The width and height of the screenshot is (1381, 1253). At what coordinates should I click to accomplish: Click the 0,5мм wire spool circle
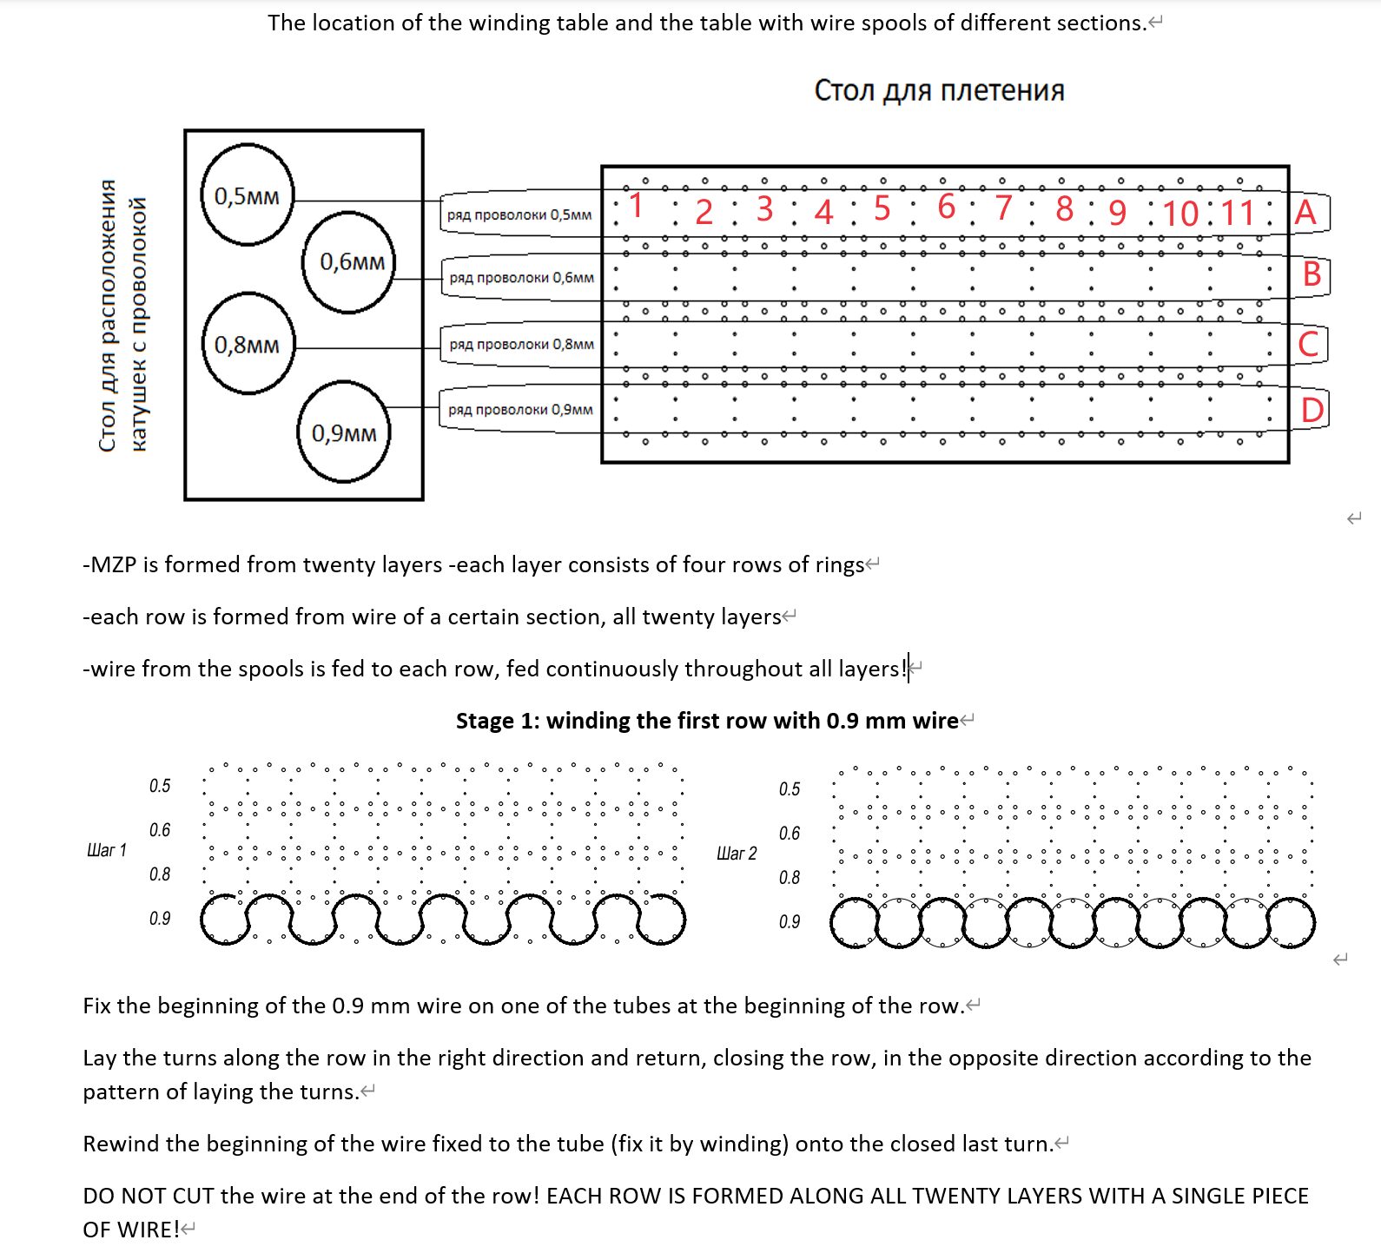[x=247, y=195]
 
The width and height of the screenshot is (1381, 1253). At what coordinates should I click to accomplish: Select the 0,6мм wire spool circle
[x=350, y=261]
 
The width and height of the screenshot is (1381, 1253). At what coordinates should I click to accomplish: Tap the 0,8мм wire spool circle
[x=248, y=345]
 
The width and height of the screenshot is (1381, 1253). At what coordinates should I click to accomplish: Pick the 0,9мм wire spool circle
[x=344, y=432]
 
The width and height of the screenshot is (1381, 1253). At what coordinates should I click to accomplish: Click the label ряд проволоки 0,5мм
[x=519, y=214]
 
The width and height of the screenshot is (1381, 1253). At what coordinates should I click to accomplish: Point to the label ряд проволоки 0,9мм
[x=520, y=409]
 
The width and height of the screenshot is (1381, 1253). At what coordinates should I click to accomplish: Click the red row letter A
[x=1305, y=213]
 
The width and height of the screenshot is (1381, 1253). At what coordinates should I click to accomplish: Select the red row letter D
[x=1312, y=410]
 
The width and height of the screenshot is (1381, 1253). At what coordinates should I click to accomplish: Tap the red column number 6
[x=946, y=207]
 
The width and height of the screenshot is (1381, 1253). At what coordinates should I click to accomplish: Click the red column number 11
[x=1238, y=213]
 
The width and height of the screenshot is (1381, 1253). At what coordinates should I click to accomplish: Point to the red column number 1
[x=637, y=206]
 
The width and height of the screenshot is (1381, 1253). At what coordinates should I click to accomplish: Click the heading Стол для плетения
[x=939, y=90]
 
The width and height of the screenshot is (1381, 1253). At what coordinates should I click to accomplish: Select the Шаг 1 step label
[x=107, y=850]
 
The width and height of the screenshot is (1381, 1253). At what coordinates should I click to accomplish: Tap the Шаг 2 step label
[x=737, y=854]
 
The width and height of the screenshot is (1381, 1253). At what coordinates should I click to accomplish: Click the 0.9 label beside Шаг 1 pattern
[x=160, y=919]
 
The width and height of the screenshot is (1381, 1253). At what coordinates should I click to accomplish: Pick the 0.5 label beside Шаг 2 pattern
[x=789, y=789]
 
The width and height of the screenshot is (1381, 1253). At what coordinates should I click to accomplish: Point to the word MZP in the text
[x=113, y=565]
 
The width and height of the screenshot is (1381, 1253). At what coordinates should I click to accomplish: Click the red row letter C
[x=1308, y=345]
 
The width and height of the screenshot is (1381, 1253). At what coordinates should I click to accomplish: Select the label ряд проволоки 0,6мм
[x=521, y=278]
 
